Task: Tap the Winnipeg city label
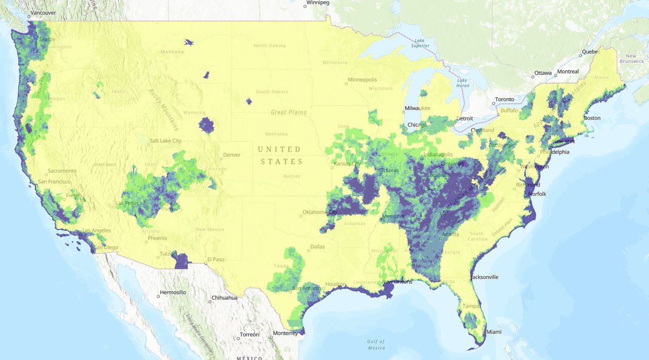tap(318, 3)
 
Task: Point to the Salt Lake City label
tap(165, 141)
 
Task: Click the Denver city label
tap(231, 155)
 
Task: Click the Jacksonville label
tap(484, 277)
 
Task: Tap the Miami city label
tap(493, 331)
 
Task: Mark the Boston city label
tap(592, 118)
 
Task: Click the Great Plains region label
tap(289, 112)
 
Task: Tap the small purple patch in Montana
tap(188, 42)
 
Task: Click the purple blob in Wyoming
tap(207, 125)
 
